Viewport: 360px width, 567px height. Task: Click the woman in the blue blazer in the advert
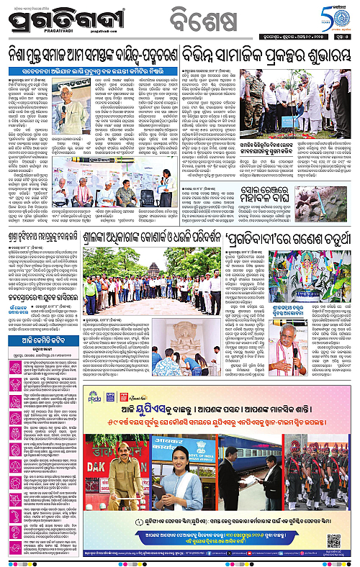[179, 489]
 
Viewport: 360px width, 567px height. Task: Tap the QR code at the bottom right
[333, 540]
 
